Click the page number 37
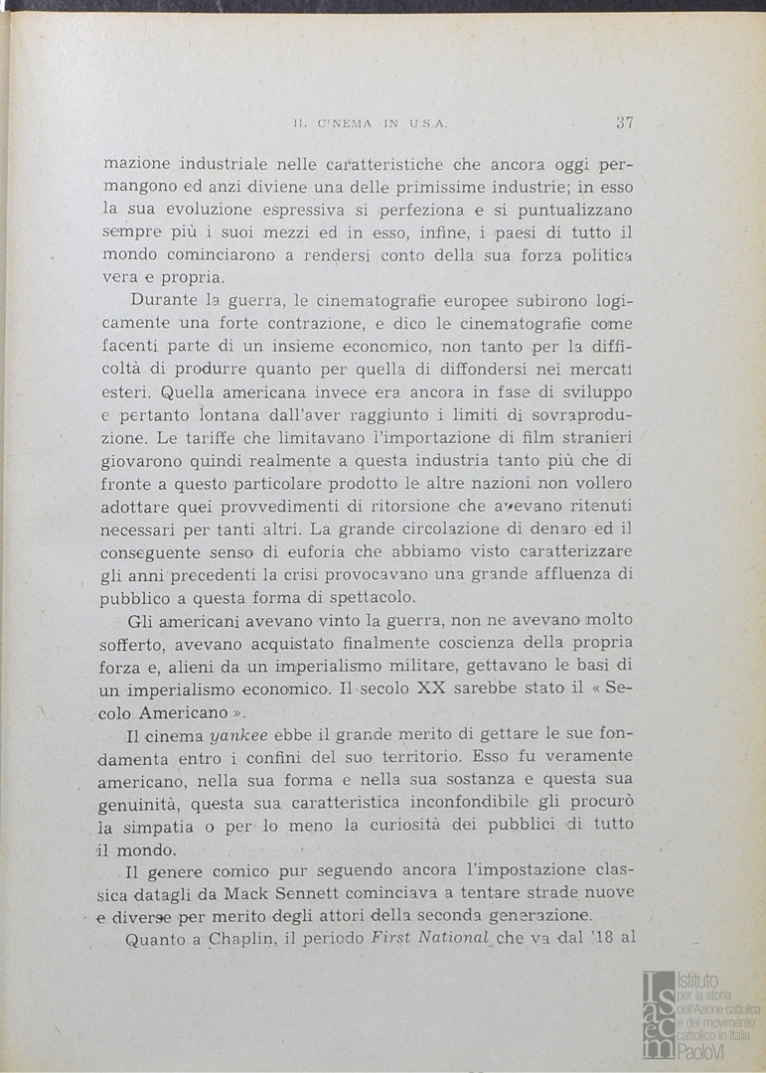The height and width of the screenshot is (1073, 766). tap(624, 123)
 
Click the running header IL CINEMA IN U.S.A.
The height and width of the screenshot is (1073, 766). tap(372, 124)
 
